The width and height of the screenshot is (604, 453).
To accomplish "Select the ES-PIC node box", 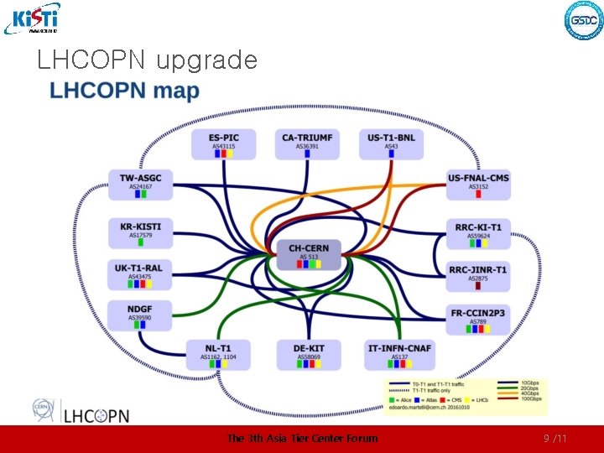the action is pos(224,143).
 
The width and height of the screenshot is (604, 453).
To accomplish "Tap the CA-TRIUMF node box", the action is pos(307,143).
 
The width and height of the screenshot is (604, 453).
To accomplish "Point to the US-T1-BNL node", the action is pos(391,143).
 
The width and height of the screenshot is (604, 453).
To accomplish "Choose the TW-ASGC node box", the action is pos(140,185).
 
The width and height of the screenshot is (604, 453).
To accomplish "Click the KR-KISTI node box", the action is pos(140,232).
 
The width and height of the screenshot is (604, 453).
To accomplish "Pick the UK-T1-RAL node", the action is pos(140,274).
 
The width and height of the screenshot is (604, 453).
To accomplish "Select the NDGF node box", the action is pos(140,315).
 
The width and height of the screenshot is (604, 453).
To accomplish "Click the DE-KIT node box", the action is pos(308,355).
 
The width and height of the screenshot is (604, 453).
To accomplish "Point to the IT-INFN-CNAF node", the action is pos(398,355).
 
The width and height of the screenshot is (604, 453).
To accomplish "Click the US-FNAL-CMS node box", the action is pos(478,185).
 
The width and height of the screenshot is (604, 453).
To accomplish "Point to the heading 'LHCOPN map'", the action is pos(125,91).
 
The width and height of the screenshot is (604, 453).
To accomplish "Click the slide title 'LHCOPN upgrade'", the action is pos(147,60).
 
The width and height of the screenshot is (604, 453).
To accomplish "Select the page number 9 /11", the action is pos(555,438).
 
